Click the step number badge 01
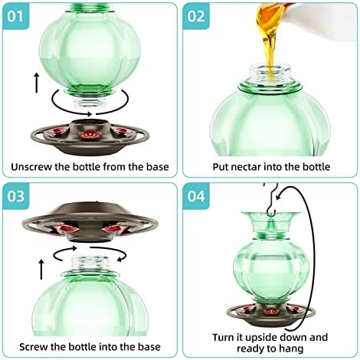pyautogui.click(x=18, y=15)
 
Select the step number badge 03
pyautogui.click(x=18, y=196)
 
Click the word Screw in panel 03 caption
pyautogui.click(x=26, y=346)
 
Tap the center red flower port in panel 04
pyautogui.click(x=268, y=312)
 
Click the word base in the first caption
pyautogui.click(x=155, y=166)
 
